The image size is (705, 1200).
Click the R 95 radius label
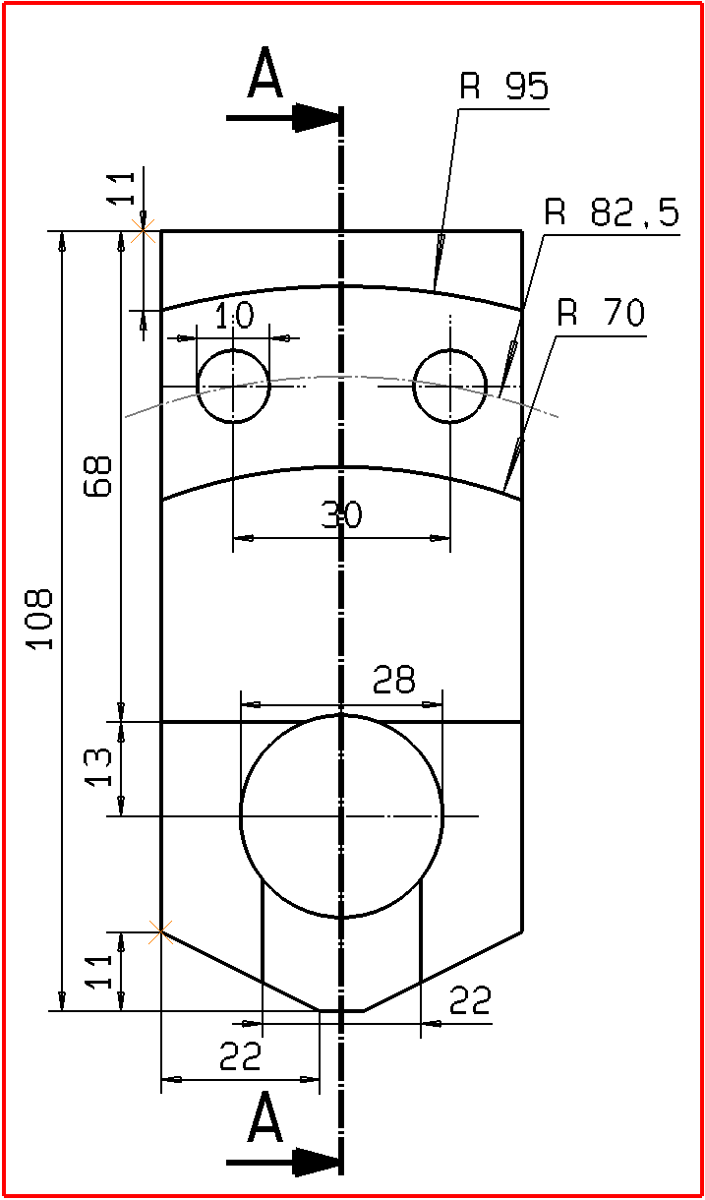coord(503,88)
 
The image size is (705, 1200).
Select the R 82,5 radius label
coord(612,213)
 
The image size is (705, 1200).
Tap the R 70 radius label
coord(600,314)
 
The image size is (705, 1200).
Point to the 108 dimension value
coord(39,620)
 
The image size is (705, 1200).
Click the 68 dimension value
coord(97,476)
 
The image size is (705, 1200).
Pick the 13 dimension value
coord(98,767)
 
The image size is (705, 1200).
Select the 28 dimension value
coord(394,680)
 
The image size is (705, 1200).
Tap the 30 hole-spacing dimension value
coord(341,515)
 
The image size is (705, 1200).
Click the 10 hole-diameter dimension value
coord(233,316)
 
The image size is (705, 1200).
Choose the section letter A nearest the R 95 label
coord(264,77)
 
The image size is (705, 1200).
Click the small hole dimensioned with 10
coord(233,386)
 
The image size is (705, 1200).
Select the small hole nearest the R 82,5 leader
coord(449,386)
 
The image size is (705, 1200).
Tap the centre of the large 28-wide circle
coord(341,815)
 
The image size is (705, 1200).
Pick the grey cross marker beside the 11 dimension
coord(145,232)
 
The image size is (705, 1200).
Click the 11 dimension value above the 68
coord(121,188)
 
